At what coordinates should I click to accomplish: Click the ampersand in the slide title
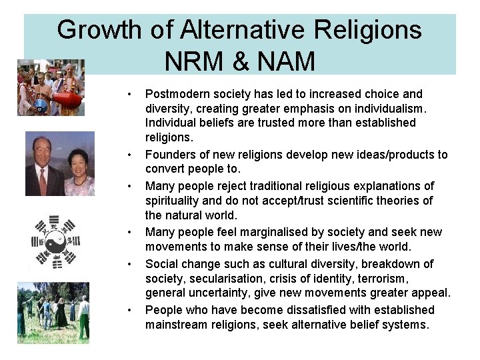click(243, 61)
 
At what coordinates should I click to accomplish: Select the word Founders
click(171, 155)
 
